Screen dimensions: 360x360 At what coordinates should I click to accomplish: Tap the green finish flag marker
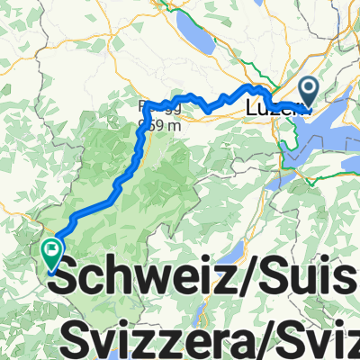(51, 252)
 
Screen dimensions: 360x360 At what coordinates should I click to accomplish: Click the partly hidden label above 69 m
(148, 108)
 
